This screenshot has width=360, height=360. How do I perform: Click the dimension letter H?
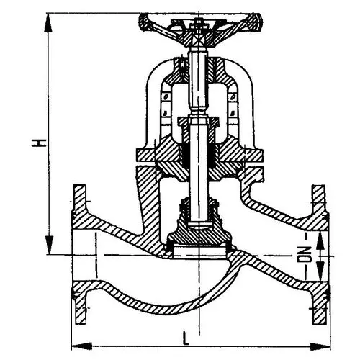click(38, 143)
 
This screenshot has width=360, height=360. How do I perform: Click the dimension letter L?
click(186, 338)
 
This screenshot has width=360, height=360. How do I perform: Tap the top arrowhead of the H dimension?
click(48, 22)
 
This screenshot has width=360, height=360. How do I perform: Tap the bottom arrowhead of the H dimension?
click(49, 245)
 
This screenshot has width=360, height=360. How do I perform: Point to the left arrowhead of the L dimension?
click(82, 346)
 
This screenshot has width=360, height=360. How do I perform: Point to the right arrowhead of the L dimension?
click(320, 346)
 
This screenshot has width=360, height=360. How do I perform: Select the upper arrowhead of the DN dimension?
click(320, 240)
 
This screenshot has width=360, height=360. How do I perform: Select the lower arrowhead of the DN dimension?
click(320, 271)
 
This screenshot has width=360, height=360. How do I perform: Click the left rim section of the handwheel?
click(145, 22)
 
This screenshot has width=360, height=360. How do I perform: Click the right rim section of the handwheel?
click(255, 22)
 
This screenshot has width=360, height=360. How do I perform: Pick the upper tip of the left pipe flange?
click(80, 186)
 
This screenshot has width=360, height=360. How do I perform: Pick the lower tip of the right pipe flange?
click(319, 323)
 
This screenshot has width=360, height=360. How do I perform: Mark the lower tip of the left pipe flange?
click(80, 323)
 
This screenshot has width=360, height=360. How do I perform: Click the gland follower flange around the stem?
click(198, 120)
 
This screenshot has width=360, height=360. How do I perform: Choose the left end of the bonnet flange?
click(138, 156)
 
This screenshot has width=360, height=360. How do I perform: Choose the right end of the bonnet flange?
click(262, 156)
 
